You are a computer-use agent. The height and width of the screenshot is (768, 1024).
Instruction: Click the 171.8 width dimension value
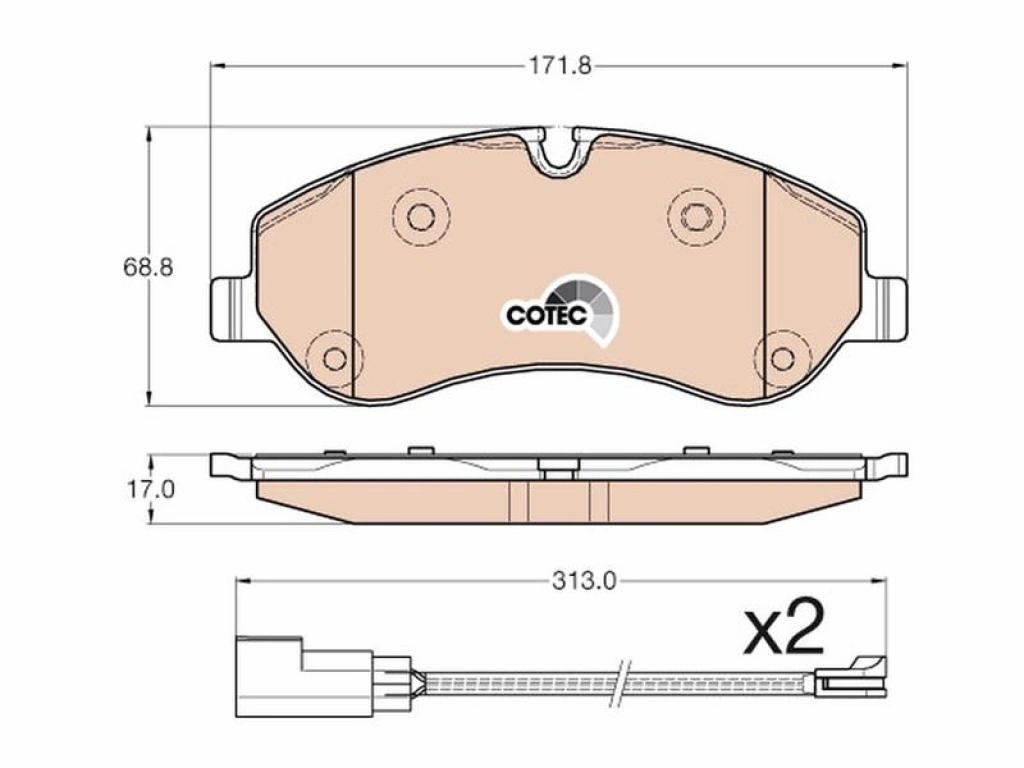tap(559, 66)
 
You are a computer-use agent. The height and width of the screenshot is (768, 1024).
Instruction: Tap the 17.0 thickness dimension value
tap(150, 489)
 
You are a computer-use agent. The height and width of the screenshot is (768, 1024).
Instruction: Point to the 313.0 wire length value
tap(584, 581)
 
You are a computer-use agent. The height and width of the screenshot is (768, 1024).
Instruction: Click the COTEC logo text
tap(545, 315)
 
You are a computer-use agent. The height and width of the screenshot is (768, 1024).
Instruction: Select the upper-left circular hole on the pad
tap(421, 216)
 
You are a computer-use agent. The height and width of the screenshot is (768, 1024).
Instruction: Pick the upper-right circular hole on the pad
tap(696, 216)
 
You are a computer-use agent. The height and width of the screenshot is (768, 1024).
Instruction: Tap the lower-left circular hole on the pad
tap(335, 358)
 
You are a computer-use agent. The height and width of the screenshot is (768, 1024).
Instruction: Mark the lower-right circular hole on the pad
tap(782, 358)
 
